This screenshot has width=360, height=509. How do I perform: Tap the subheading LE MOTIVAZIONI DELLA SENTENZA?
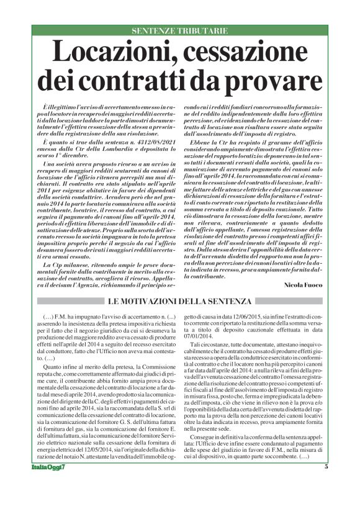point(179,302)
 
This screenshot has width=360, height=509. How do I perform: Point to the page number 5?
point(325,500)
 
